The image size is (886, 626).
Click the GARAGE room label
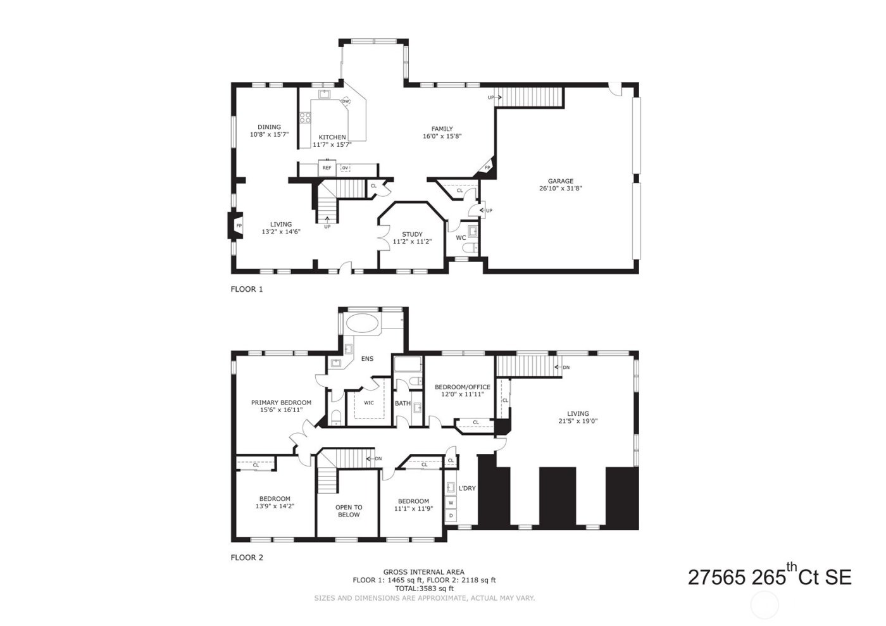click(560, 181)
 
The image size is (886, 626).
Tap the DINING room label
click(269, 127)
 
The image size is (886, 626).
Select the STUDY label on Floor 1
click(412, 234)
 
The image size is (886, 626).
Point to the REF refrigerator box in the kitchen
click(327, 168)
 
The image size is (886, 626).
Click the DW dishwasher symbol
click(346, 101)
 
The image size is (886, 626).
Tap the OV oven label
click(345, 168)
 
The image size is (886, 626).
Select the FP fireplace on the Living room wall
click(239, 226)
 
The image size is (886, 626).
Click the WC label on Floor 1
click(461, 238)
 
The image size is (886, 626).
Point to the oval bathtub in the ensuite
click(363, 323)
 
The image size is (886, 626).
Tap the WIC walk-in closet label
click(368, 403)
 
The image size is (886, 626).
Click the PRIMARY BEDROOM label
click(281, 403)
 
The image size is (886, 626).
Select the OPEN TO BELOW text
click(349, 511)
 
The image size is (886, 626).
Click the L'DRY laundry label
click(467, 488)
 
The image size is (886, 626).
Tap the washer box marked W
click(451, 503)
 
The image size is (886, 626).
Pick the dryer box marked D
click(451, 516)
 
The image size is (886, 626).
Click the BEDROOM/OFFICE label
click(462, 387)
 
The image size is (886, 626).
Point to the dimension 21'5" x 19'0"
click(578, 421)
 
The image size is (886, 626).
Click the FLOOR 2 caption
click(246, 558)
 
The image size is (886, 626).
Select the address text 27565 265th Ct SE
click(769, 577)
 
